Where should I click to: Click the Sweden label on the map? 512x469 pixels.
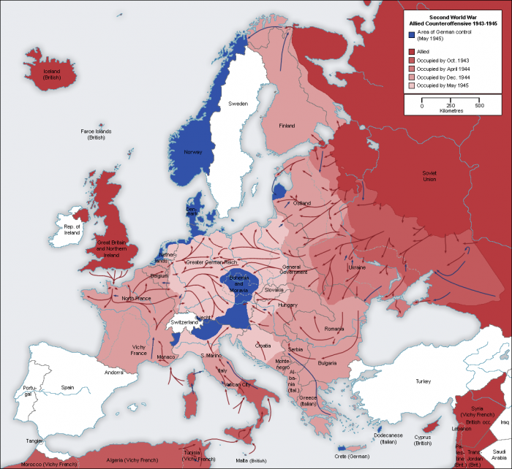coord(238,104)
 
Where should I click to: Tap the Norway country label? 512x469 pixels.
coord(192,152)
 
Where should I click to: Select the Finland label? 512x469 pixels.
coord(287,126)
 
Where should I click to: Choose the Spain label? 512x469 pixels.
coord(68,387)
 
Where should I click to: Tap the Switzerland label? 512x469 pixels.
coord(184,322)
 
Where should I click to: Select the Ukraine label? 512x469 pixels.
coord(356,268)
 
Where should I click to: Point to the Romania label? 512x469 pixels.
coord(334,329)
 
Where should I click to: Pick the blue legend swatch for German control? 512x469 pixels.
coord(412,34)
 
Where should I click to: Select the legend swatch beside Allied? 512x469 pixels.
coord(412,53)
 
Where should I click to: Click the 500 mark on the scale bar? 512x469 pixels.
coord(479,106)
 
